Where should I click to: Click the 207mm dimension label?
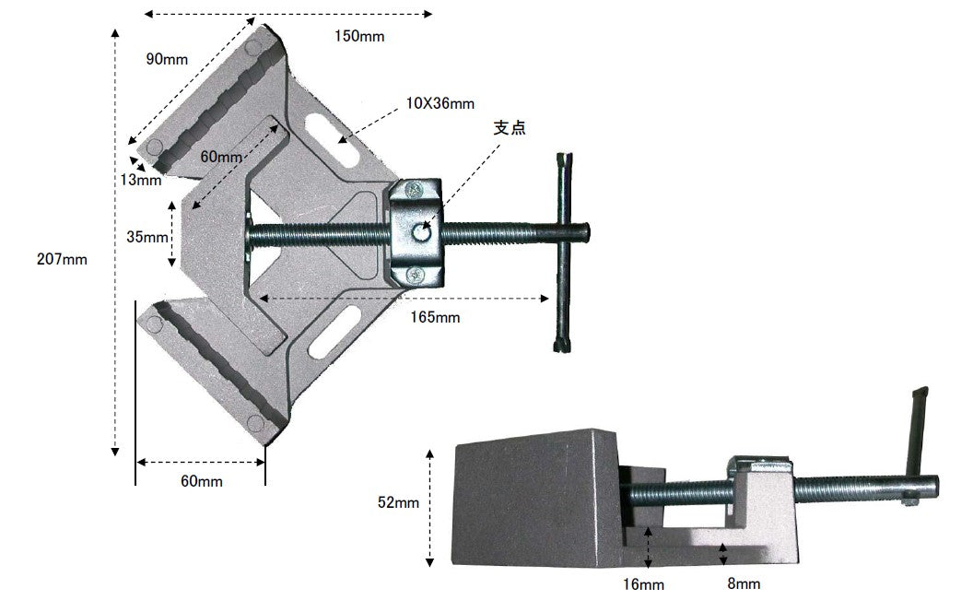tap(62, 259)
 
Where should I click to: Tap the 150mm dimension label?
tap(359, 36)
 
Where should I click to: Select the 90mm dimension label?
tap(167, 59)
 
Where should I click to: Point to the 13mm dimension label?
tap(141, 180)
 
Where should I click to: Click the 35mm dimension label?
tap(147, 237)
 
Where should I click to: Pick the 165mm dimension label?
tap(435, 317)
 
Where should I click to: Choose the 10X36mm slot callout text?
tap(440, 103)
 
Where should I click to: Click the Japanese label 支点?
tap(510, 127)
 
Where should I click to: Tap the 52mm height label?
tap(398, 502)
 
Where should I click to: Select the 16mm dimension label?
tap(643, 584)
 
